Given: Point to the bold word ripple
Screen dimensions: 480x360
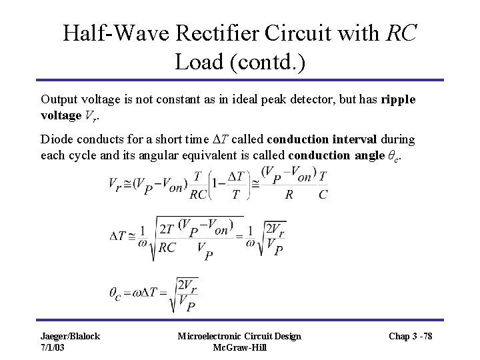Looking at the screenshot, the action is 399,99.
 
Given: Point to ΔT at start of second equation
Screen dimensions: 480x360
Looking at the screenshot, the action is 119,235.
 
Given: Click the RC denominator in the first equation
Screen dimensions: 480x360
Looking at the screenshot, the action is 198,195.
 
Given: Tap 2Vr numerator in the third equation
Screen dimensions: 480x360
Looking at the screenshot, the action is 189,284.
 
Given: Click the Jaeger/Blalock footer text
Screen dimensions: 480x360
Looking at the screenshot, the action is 69,336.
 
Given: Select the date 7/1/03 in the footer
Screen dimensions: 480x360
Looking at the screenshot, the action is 54,347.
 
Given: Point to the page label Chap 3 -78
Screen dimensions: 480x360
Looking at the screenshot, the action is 409,336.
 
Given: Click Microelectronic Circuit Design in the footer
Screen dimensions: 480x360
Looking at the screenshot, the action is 238,336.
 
